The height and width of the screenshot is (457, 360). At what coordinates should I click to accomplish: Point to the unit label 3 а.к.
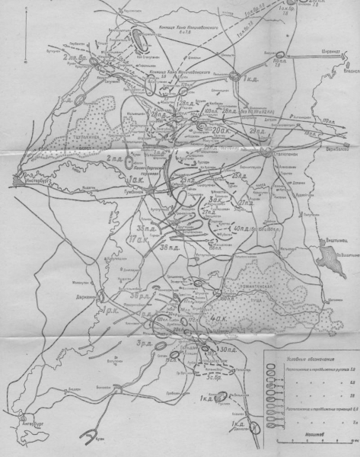point(216,200)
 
